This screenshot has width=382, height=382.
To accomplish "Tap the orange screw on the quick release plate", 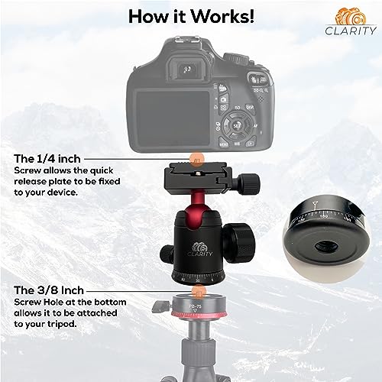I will click(x=197, y=161).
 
